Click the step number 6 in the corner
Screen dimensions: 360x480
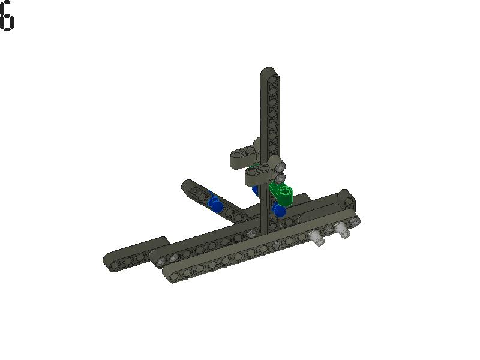(x=7, y=16)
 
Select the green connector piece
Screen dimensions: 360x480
(x=281, y=193)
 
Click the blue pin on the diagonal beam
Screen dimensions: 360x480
(x=214, y=204)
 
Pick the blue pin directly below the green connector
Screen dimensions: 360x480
(x=279, y=210)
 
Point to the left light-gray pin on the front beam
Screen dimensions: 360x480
(x=317, y=239)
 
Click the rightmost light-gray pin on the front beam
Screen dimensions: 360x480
(x=342, y=230)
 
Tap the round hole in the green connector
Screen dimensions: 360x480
(x=286, y=191)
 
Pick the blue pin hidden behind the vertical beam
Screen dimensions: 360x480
(x=256, y=191)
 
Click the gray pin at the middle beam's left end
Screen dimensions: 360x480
(x=173, y=258)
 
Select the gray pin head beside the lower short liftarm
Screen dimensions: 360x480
(x=279, y=178)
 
